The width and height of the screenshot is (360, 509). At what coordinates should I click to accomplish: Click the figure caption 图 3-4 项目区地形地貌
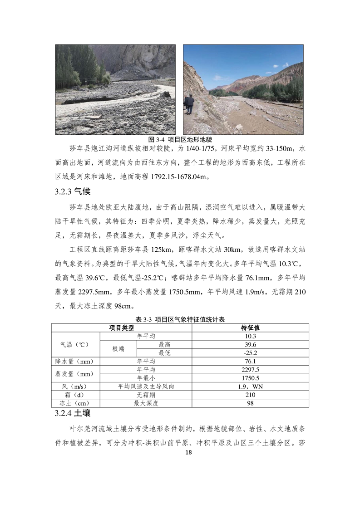click(x=180, y=139)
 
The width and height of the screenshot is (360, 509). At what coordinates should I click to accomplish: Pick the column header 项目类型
click(x=121, y=328)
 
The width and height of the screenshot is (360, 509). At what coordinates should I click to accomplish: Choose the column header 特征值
click(x=250, y=328)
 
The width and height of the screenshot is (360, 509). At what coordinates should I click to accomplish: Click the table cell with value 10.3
click(x=250, y=336)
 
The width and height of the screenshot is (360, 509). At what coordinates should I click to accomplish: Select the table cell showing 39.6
click(x=250, y=345)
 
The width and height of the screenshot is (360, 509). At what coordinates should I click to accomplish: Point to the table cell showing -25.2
click(x=250, y=353)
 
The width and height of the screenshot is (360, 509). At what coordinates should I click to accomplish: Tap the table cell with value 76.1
click(x=250, y=362)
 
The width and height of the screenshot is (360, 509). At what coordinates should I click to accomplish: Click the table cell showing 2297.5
click(x=250, y=370)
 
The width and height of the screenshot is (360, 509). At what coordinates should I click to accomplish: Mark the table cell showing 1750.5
click(x=250, y=378)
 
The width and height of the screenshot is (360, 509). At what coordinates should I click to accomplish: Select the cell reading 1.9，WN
click(x=250, y=387)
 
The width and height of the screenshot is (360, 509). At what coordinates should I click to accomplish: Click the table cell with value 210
click(x=250, y=395)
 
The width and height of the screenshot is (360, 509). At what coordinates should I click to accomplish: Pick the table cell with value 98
click(x=250, y=403)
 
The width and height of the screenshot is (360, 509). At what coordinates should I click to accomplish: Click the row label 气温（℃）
click(x=75, y=345)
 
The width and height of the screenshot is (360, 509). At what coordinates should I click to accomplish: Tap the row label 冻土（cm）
click(x=75, y=403)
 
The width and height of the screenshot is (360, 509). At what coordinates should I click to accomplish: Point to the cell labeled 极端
click(x=118, y=349)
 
